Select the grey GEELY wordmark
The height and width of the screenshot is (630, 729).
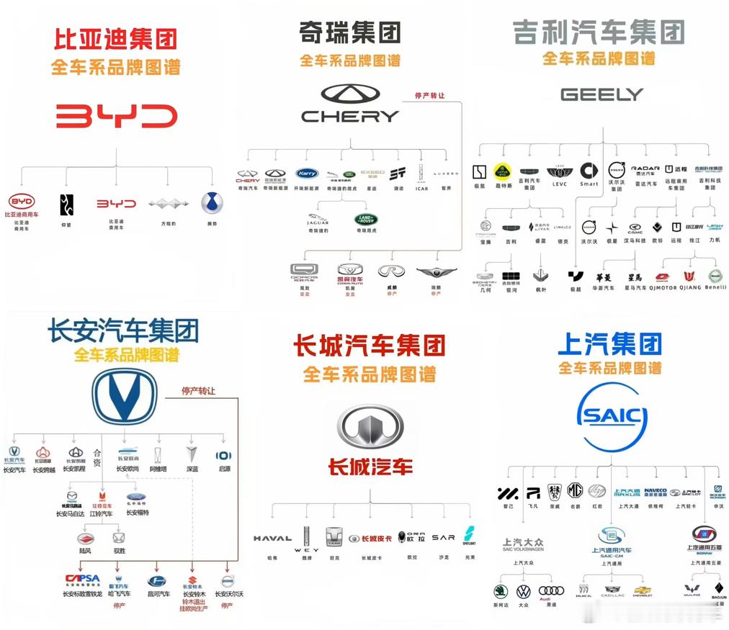(601, 94)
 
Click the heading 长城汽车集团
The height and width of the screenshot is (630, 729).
(369, 345)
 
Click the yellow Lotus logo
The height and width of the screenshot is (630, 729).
(502, 171)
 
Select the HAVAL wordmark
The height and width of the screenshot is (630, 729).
(272, 538)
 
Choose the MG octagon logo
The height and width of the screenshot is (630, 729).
(574, 491)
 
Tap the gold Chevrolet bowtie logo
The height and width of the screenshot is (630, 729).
(643, 590)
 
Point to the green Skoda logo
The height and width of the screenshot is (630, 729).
(501, 591)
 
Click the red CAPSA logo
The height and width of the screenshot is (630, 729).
(82, 579)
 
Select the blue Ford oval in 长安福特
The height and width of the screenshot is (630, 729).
(137, 498)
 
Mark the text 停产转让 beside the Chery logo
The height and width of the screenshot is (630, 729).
(430, 95)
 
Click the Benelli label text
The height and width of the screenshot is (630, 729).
(715, 287)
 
